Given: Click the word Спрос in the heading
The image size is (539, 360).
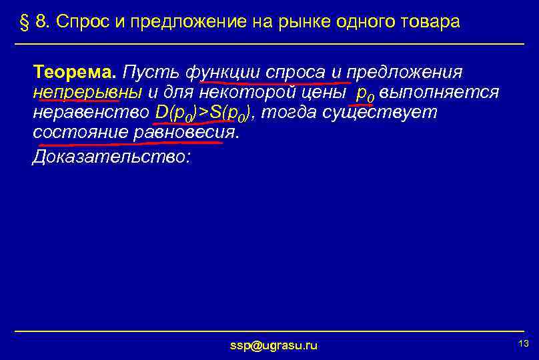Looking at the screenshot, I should click(78, 22).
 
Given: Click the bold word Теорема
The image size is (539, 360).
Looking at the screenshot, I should click(75, 71).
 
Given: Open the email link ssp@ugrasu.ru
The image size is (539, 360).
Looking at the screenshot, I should click(274, 345).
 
